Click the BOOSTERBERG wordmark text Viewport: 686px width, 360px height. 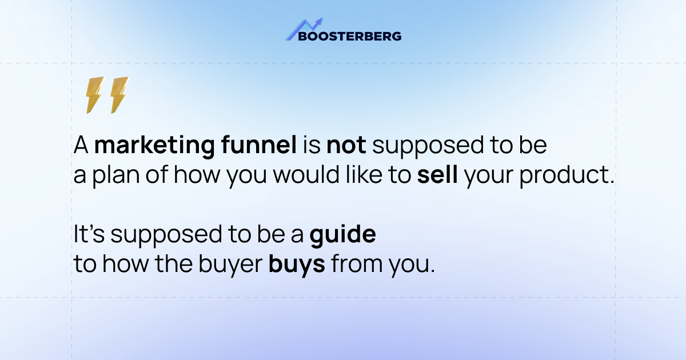tap(344, 36)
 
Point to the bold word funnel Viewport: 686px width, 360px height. tap(259, 146)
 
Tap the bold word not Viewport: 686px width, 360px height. tap(346, 146)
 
